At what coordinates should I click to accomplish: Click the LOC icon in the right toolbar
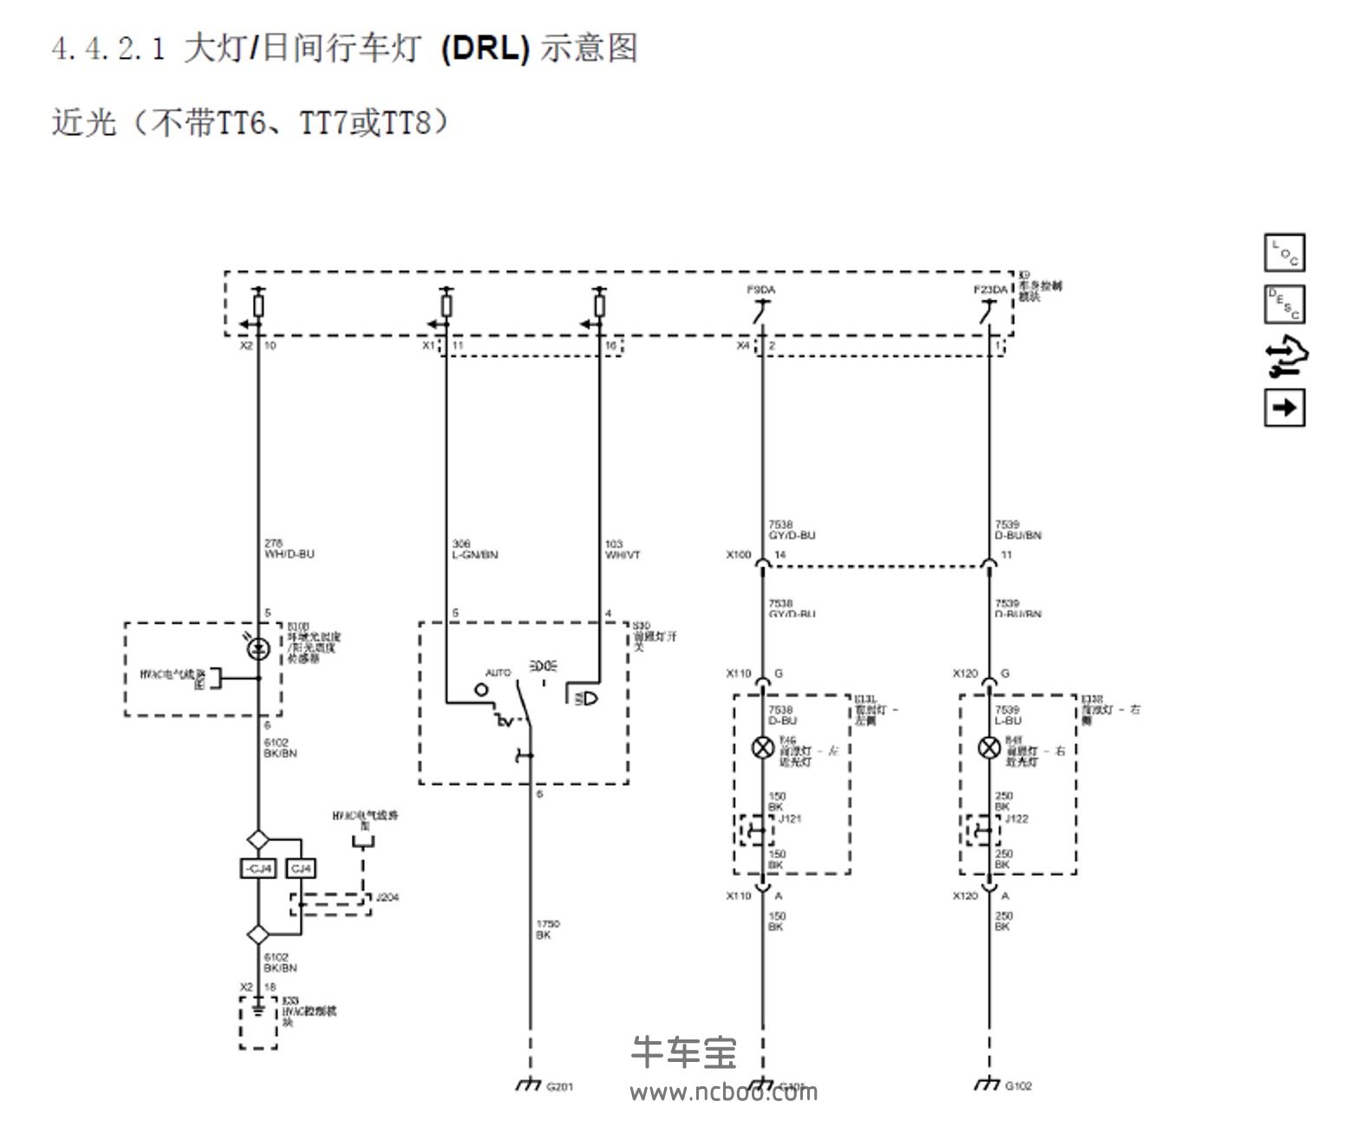1284,253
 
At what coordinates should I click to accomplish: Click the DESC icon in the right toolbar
1284,304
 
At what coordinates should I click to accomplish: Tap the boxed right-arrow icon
1284,407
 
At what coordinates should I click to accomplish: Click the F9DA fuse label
760,290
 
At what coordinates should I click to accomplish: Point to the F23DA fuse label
990,290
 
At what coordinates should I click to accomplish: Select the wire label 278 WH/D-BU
289,549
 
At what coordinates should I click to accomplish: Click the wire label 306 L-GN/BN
474,550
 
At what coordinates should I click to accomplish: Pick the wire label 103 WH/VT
622,550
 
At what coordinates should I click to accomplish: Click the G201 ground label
559,1086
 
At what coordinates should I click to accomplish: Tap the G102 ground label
1018,1085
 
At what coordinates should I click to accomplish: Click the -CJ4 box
258,868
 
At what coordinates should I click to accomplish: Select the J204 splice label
387,897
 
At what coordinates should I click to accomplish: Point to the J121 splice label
790,818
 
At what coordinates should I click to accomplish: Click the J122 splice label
1016,818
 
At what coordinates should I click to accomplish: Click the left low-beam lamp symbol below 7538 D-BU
762,747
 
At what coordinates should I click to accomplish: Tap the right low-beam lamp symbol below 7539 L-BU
989,747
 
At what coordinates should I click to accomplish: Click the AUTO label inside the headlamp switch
498,673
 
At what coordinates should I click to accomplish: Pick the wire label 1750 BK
547,929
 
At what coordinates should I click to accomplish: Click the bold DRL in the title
485,48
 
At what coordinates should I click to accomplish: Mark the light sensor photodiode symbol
258,648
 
